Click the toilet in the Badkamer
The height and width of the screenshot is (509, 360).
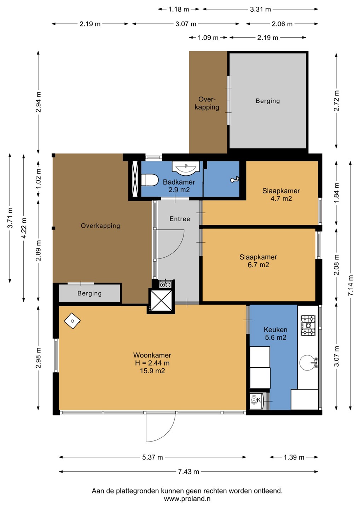point(150,180)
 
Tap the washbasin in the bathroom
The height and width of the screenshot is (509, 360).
point(186,168)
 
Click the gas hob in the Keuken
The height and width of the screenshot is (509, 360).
point(308,326)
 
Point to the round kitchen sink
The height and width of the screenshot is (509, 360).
point(307,363)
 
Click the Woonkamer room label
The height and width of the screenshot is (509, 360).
point(152,355)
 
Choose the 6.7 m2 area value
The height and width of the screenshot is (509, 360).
point(258,265)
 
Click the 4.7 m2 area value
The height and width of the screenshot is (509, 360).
point(281,199)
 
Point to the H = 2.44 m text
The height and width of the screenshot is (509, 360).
point(152,363)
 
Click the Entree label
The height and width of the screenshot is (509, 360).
point(180,219)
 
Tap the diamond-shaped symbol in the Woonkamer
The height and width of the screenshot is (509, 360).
point(72,321)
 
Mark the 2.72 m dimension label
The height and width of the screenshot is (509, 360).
point(336,101)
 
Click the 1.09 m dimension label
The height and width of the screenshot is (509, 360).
point(208,37)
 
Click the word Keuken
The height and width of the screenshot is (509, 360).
point(275,329)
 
